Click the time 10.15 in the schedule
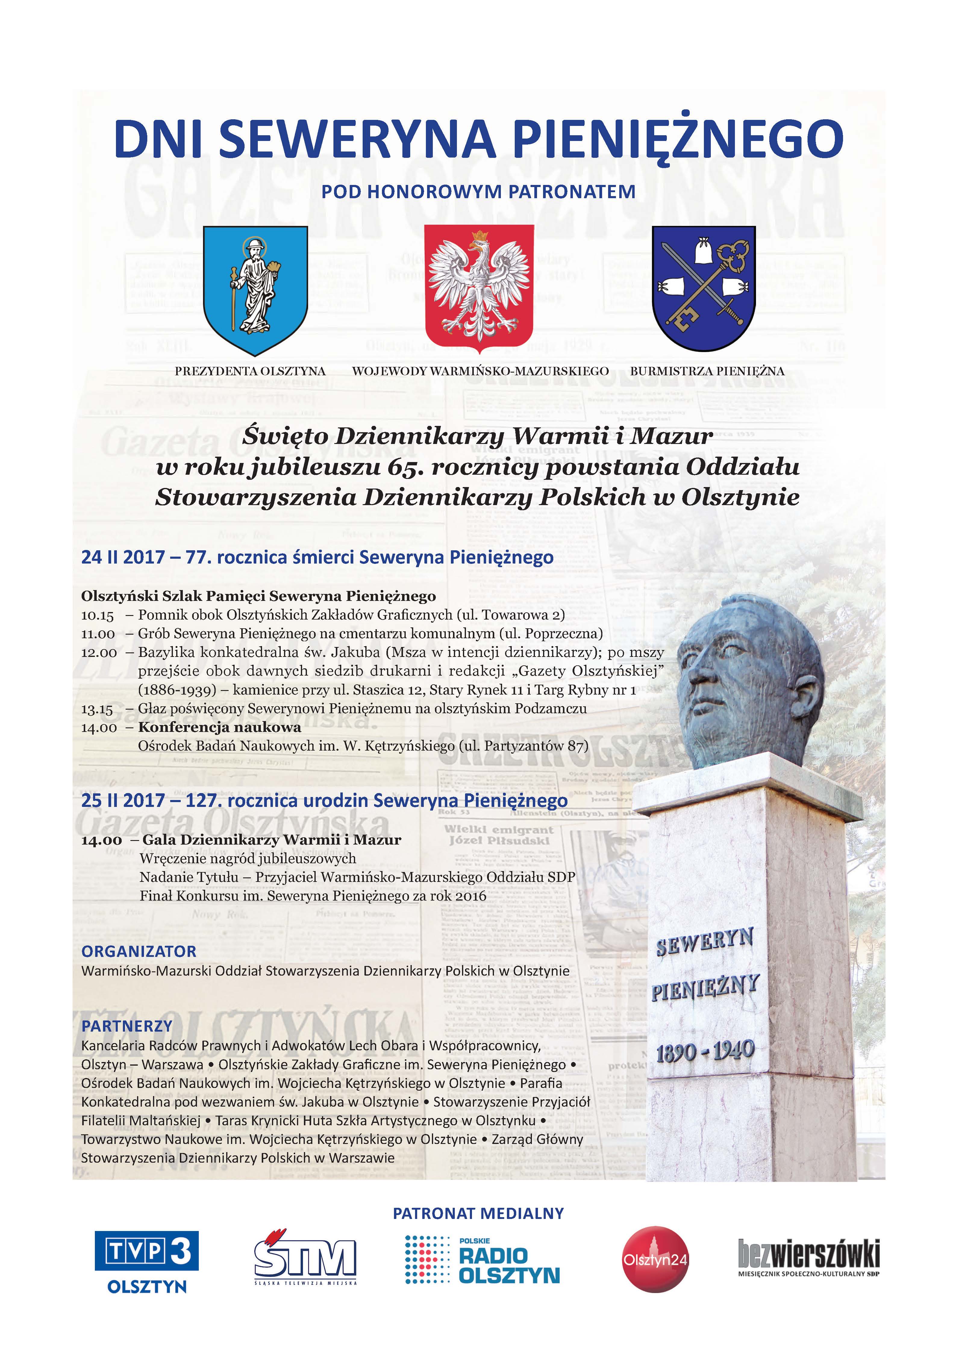pyautogui.click(x=97, y=615)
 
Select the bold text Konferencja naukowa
pyautogui.click(x=220, y=727)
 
